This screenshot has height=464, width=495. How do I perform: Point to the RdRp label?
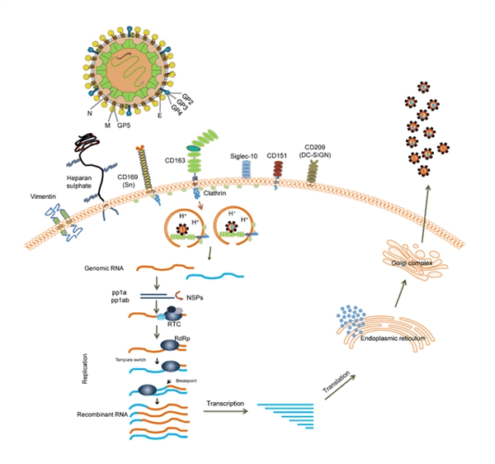(193, 339)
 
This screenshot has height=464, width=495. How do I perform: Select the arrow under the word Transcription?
(225, 410)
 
